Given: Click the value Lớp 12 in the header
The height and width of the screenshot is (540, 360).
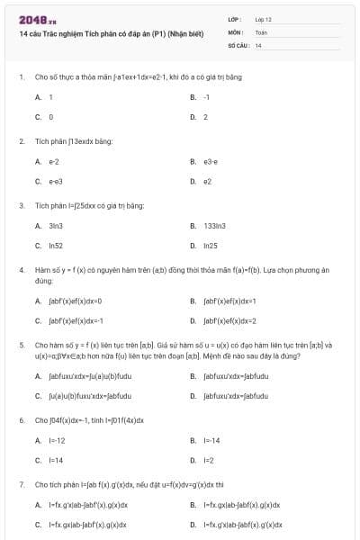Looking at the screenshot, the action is pos(263,19).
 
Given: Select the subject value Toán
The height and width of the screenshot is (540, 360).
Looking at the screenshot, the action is pos(261,31).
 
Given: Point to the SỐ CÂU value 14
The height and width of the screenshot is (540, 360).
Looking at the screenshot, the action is pos(258,44).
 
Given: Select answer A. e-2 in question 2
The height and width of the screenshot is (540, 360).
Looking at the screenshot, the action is pos(47,161).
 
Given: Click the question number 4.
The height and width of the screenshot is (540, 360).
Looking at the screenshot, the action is pos(21,269).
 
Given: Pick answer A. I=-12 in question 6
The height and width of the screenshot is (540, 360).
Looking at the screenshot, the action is pos(49,440).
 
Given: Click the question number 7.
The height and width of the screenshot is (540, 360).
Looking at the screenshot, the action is pos(21,484).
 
